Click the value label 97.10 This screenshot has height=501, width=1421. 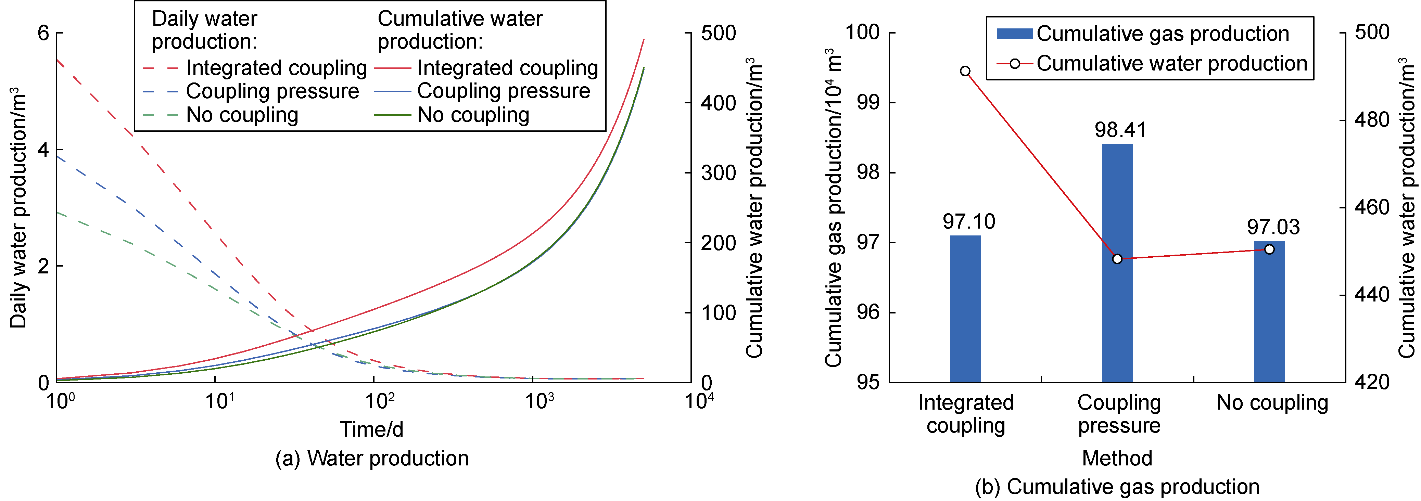pos(969,221)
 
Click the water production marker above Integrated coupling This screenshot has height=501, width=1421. pos(965,71)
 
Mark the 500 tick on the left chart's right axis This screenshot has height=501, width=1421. pos(718,33)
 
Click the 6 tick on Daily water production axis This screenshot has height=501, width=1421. pos(43,33)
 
